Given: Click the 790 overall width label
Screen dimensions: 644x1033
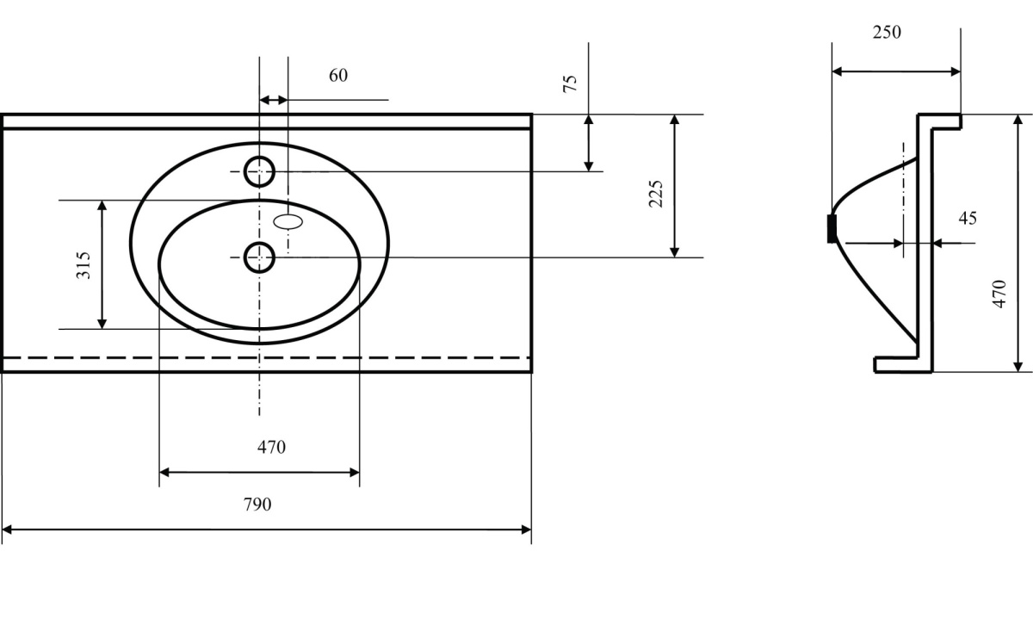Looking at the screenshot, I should (257, 505).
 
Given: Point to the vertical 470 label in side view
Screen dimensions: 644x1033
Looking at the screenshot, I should (999, 294).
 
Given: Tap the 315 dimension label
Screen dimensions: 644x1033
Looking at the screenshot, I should (84, 265).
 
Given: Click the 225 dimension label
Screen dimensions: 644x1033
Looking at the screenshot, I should (655, 194).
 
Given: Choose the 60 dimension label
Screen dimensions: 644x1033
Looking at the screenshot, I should (338, 76).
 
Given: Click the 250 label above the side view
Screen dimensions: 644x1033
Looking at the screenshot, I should (887, 33).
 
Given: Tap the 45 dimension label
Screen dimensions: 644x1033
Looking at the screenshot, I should (968, 219).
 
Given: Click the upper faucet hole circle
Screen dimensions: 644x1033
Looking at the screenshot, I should (259, 172).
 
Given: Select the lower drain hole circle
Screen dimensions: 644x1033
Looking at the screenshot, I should (259, 257).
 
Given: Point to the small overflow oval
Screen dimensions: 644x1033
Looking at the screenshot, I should (289, 221).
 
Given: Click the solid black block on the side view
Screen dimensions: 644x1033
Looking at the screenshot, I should (832, 229).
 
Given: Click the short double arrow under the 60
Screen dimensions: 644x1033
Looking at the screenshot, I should (274, 100).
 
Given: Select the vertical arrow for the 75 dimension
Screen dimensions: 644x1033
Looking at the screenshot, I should (589, 143).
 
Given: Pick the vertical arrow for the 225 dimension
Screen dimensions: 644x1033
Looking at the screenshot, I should (675, 185).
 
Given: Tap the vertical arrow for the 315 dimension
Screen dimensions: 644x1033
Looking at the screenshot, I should (102, 264).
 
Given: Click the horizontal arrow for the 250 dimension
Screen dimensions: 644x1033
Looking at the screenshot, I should (895, 72).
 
